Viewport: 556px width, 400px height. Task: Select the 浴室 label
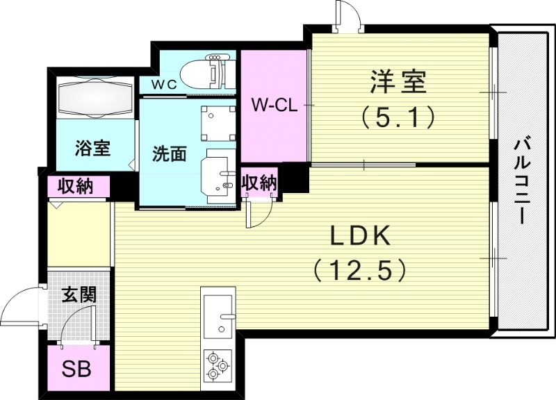click(x=94, y=148)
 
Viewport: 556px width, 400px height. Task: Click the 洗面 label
click(x=169, y=153)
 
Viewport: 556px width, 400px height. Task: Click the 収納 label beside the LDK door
click(x=259, y=183)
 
